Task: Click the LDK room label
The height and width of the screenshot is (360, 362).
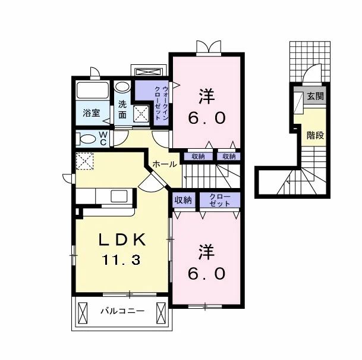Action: [x=122, y=240]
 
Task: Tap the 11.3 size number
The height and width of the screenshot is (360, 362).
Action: [x=121, y=259]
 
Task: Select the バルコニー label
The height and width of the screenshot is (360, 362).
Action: [x=122, y=311]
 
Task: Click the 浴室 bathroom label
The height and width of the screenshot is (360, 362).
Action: [x=91, y=113]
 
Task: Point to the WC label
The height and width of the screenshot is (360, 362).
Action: [x=103, y=139]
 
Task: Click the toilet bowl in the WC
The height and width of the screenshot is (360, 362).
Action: [x=86, y=139]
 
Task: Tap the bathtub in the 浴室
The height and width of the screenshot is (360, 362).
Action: [x=92, y=90]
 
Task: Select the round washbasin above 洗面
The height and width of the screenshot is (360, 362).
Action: [x=122, y=87]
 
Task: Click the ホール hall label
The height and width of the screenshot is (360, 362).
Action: [x=165, y=164]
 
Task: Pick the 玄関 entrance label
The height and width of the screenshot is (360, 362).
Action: [x=316, y=96]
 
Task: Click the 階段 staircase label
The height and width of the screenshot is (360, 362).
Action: [x=316, y=136]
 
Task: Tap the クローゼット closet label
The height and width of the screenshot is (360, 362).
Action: [x=219, y=200]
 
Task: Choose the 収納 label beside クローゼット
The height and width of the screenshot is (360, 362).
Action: [x=183, y=200]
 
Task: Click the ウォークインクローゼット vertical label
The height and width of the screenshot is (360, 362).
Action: [x=161, y=103]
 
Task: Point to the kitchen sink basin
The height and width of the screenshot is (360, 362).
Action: [x=119, y=196]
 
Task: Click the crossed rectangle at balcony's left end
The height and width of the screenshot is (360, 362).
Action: [x=83, y=313]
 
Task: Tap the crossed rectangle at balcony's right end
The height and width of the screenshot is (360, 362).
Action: [x=161, y=313]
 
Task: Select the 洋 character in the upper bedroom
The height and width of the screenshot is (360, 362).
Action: [x=207, y=96]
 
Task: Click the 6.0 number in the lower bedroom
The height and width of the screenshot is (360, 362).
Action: [x=206, y=274]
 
